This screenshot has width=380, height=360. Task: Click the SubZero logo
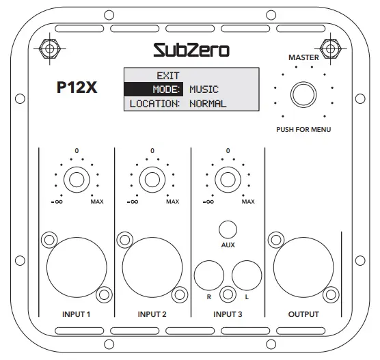tap(191, 49)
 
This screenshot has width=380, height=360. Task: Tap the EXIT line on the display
tap(167, 75)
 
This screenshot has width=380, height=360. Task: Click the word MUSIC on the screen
tap(204, 89)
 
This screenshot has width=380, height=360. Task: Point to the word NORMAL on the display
tap(208, 104)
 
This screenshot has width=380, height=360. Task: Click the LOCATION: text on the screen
tap(154, 104)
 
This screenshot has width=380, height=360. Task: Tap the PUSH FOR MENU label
tap(303, 128)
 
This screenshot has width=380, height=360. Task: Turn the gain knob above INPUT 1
tap(76, 180)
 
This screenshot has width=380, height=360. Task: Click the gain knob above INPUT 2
tap(152, 180)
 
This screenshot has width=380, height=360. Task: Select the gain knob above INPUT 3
tap(228, 180)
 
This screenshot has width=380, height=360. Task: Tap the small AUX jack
tap(228, 229)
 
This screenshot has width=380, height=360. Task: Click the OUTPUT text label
tap(303, 315)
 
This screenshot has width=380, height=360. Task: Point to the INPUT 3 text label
tap(228, 315)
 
